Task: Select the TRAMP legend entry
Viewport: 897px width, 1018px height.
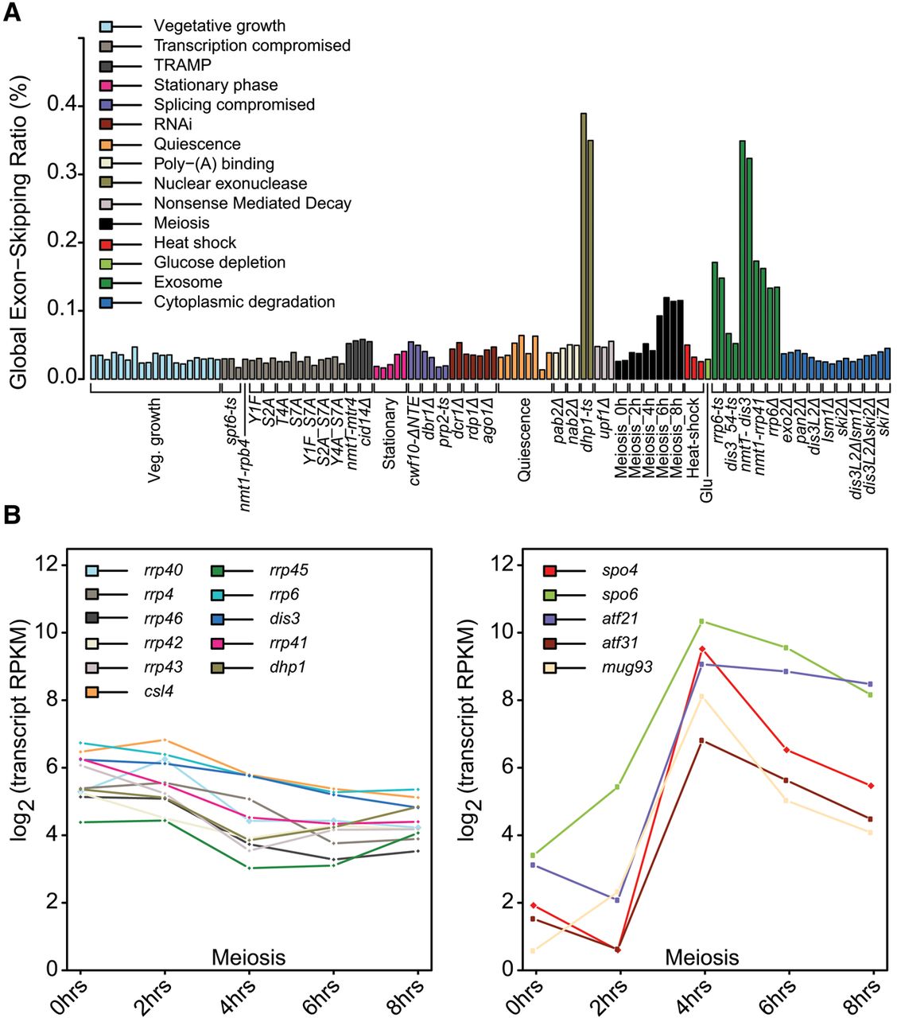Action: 182,65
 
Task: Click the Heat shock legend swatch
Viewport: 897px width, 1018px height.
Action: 106,243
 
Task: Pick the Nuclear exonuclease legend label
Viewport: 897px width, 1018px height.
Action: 230,184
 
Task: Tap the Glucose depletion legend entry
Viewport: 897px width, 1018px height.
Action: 219,262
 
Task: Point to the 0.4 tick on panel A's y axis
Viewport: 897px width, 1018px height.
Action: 63,105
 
